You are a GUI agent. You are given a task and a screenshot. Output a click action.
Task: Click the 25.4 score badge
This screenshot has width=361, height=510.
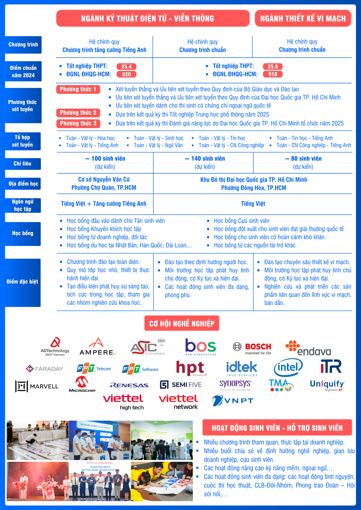point(126,67)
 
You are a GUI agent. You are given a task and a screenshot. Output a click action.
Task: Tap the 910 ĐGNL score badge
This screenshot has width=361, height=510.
point(273,74)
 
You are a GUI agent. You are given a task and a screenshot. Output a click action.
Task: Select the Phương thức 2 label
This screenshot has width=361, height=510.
point(78,113)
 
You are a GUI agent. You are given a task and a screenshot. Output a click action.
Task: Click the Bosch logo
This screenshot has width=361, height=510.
point(252,348)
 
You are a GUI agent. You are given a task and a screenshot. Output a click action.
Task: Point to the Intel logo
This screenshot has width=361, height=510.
point(288,367)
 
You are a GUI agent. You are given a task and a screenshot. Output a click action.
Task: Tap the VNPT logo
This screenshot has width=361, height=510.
point(233,401)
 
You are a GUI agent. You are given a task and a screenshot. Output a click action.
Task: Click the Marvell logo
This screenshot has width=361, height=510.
point(37,386)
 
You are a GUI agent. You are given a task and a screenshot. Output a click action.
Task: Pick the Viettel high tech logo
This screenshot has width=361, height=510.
point(124,402)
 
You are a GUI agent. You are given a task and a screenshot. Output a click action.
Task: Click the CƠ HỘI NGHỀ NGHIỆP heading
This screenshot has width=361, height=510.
point(182,323)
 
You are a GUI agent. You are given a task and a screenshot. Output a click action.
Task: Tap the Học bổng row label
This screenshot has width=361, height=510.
point(23,234)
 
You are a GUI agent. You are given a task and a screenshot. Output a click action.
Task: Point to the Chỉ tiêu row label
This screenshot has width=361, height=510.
point(23,164)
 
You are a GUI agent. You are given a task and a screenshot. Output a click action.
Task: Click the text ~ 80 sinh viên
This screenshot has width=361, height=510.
point(303,159)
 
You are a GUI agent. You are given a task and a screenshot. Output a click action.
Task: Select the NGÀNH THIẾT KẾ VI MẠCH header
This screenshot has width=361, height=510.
point(303,18)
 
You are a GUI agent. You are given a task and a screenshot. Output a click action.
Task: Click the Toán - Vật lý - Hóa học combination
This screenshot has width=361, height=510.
point(90,138)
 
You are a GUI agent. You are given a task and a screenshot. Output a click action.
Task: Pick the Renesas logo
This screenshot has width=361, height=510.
point(129,385)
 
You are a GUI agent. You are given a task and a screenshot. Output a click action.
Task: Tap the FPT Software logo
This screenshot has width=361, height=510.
point(140,369)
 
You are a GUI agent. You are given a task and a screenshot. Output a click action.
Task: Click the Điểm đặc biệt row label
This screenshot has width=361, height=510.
point(22,282)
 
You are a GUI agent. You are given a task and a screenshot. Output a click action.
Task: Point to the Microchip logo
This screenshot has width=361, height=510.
point(82,385)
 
